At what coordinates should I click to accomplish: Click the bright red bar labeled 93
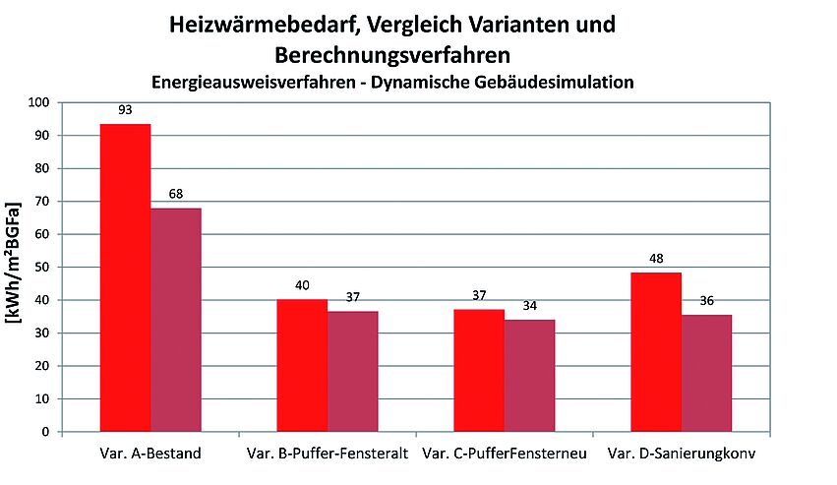click(125, 277)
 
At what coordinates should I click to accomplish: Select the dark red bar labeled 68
click(176, 320)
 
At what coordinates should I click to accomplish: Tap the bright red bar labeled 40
click(302, 365)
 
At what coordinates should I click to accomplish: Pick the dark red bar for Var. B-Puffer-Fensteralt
click(352, 371)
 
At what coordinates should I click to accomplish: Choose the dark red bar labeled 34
click(530, 375)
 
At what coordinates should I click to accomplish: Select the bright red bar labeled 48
click(656, 351)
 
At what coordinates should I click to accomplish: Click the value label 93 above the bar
click(125, 110)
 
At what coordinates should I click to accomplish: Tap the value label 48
click(656, 259)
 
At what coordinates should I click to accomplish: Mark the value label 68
click(176, 194)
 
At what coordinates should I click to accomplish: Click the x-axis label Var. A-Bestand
click(150, 455)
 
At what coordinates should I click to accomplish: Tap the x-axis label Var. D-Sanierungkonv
click(682, 455)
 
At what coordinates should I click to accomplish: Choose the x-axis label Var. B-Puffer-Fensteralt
click(328, 455)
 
